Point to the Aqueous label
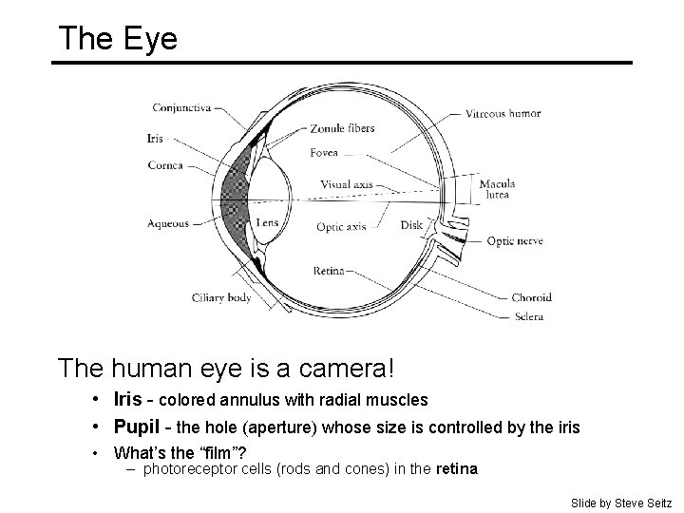coord(168,224)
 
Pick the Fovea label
coord(324,153)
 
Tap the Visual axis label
coord(346,184)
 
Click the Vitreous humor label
coord(503,113)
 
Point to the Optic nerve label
coord(515,241)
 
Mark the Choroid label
coord(531,297)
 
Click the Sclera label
coord(527,316)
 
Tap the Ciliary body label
coord(221,296)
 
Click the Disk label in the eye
coord(411,226)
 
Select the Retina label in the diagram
coord(329,271)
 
